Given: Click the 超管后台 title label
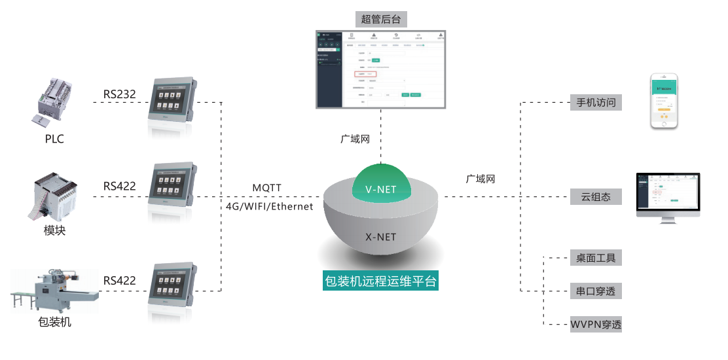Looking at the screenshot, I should click(x=380, y=18).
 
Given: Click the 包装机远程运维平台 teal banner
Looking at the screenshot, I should click(x=380, y=282).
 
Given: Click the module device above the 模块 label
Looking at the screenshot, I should click(x=57, y=195).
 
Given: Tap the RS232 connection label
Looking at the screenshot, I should click(x=119, y=94).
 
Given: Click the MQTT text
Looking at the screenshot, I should click(x=266, y=188).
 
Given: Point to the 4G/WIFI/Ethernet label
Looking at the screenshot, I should click(x=269, y=206).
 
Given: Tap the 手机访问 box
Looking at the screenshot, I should click(x=595, y=103).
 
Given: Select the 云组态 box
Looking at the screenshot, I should click(x=595, y=196).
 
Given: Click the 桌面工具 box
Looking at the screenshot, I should click(x=595, y=258).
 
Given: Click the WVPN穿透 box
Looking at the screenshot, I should click(x=595, y=324).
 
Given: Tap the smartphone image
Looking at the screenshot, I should click(x=666, y=102).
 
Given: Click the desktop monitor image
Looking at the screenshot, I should click(x=668, y=196).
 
